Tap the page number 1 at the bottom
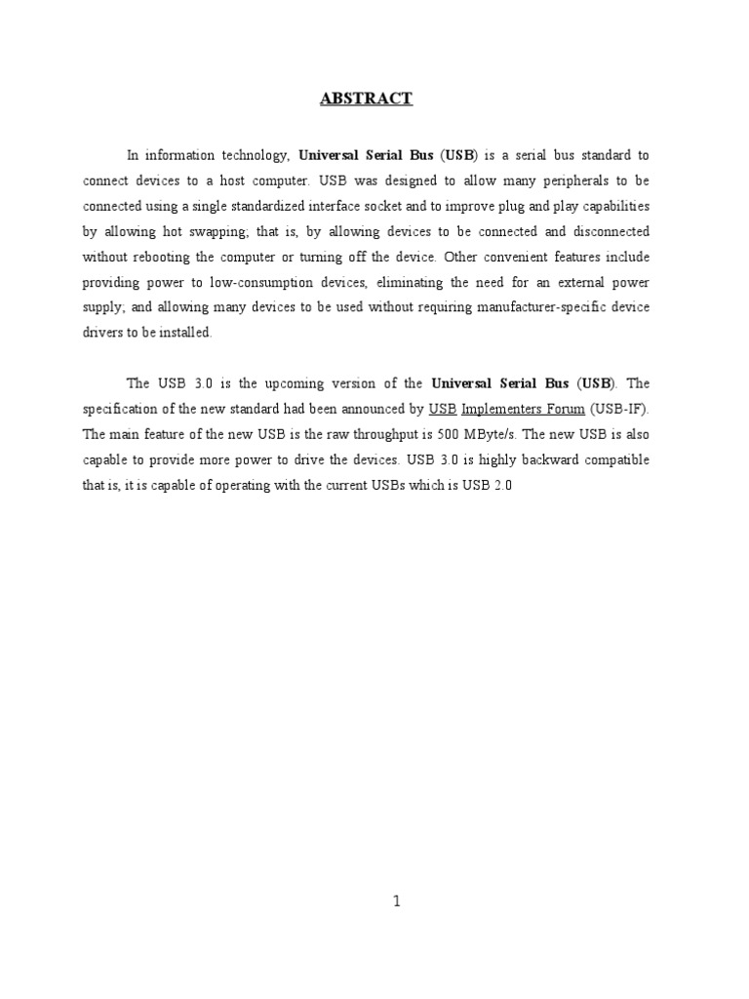pos(396,902)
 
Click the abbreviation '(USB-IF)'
pos(619,409)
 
